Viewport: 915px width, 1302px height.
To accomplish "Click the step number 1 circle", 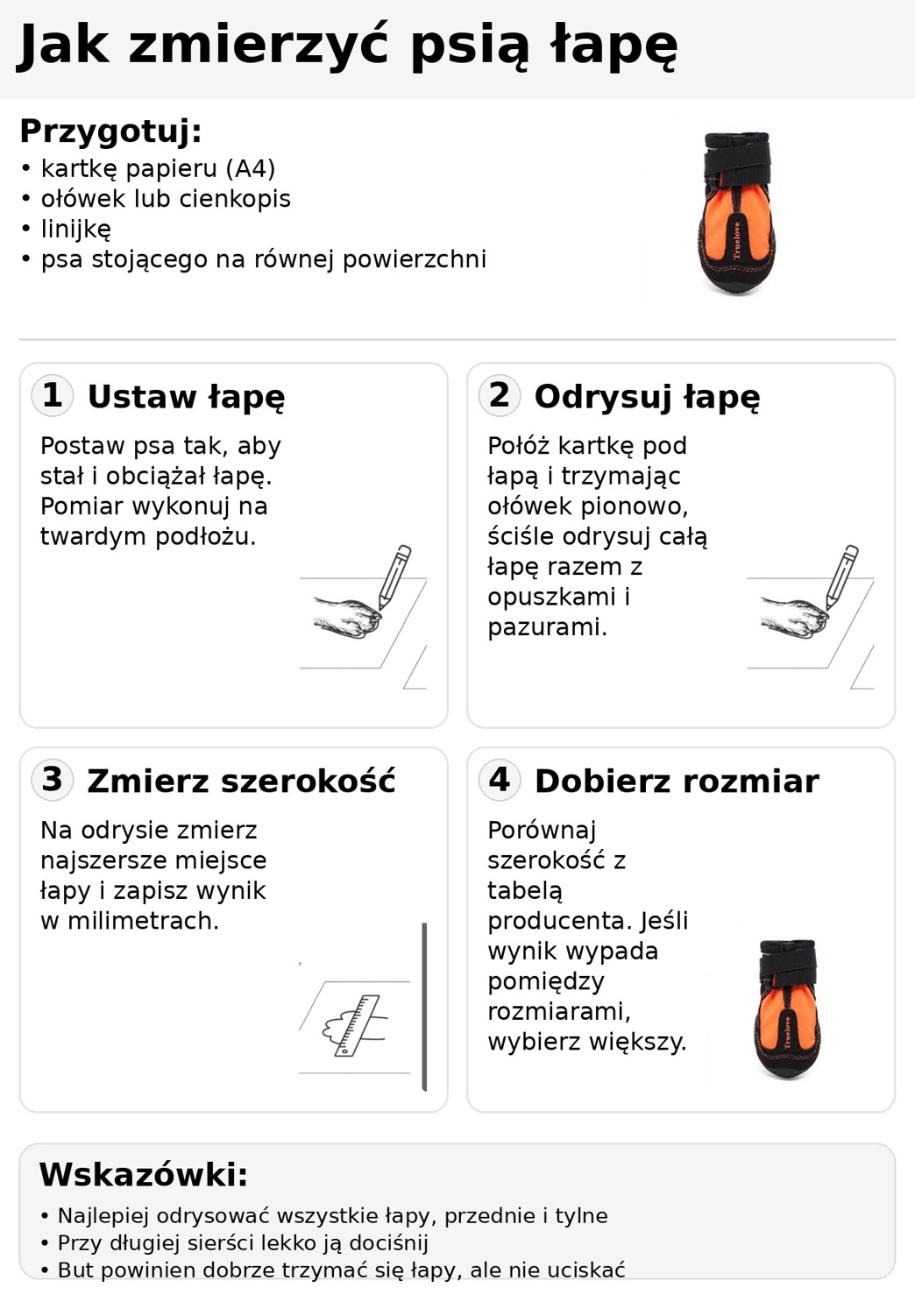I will tap(53, 395).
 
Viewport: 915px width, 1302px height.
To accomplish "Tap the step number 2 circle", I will tap(500, 395).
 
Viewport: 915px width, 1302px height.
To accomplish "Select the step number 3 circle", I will tap(53, 779).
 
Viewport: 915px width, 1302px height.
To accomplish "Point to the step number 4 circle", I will tap(500, 779).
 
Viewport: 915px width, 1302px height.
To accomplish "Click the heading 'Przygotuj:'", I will tap(110, 131).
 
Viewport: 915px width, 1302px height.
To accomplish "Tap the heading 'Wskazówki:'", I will tap(143, 1175).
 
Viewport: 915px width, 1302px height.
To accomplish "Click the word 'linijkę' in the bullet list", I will tap(76, 230).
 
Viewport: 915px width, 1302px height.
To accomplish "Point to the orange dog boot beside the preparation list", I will tap(736, 215).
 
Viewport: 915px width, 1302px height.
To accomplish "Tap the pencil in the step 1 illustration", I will tap(394, 576).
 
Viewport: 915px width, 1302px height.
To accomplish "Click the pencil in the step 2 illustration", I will tap(841, 576).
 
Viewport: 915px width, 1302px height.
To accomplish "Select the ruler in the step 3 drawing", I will tap(357, 1025).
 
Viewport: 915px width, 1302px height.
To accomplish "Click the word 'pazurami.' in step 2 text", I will tap(547, 627).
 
